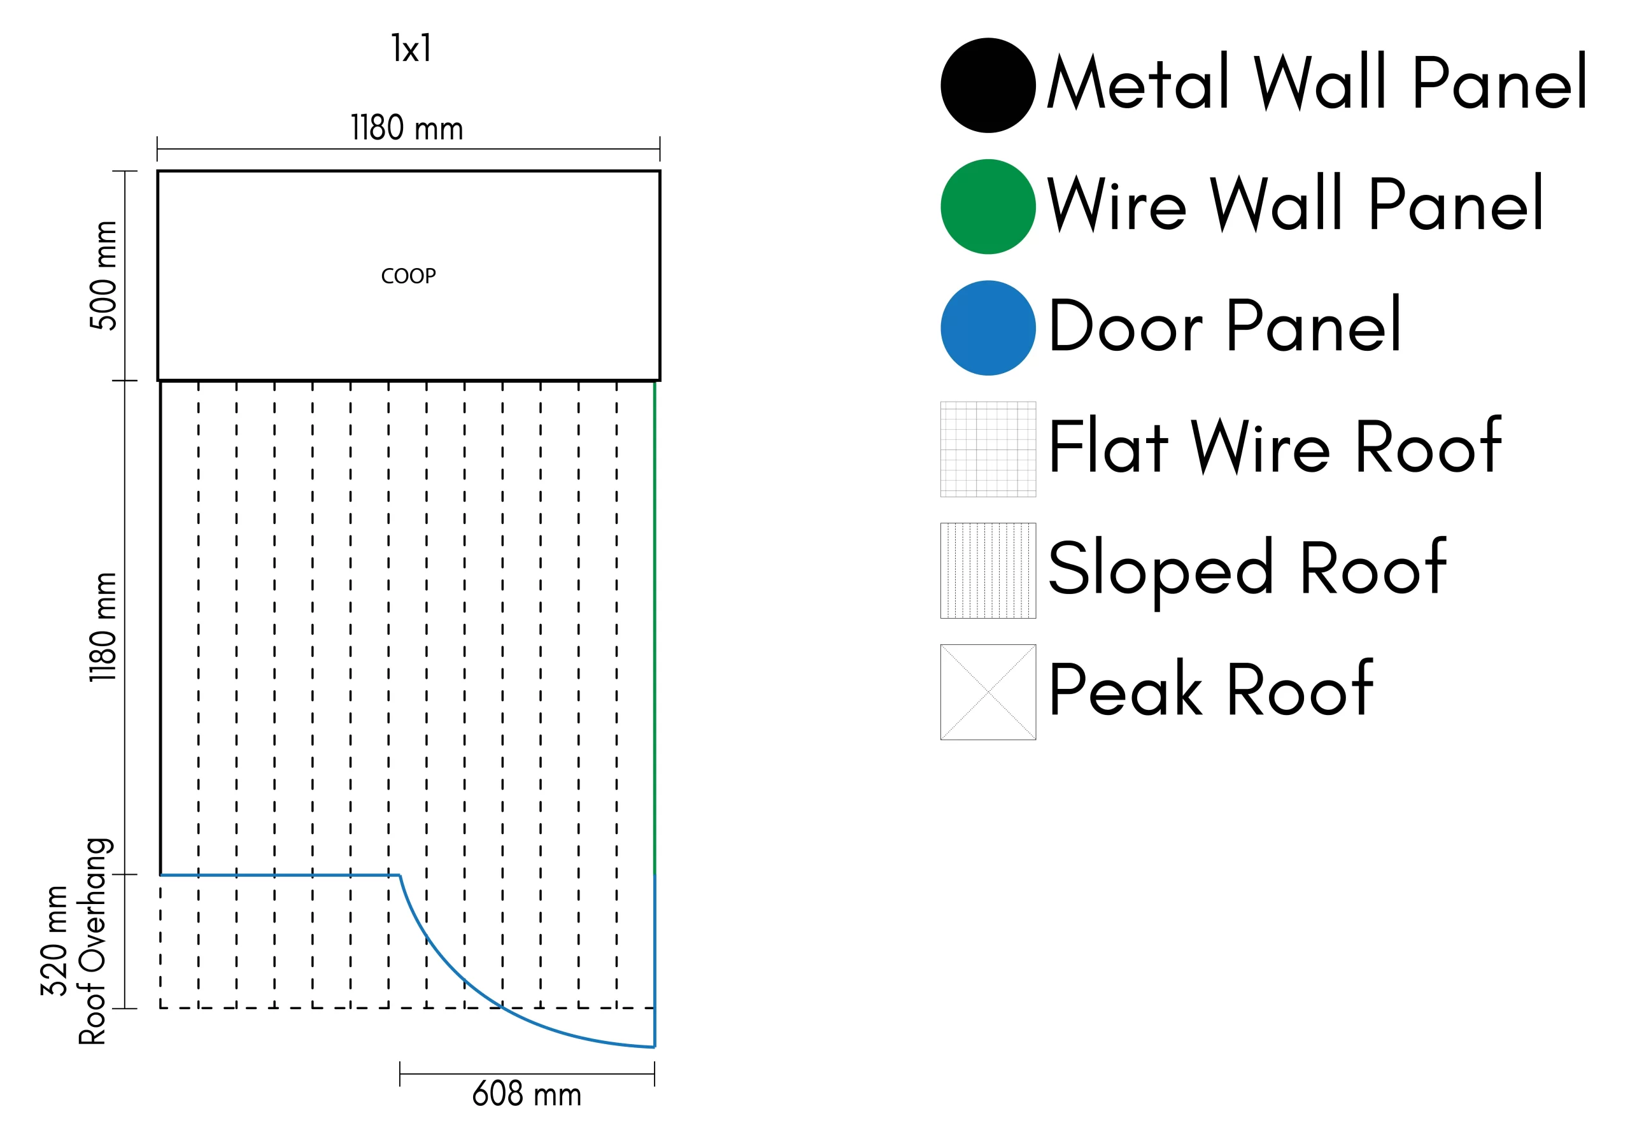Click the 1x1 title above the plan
(x=411, y=49)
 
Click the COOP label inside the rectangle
(x=408, y=276)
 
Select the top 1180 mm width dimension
(x=407, y=129)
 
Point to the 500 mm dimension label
(x=104, y=276)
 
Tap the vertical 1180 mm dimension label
(x=104, y=627)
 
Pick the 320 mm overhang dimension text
(x=55, y=941)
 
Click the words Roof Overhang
(x=93, y=941)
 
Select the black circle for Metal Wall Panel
(x=988, y=85)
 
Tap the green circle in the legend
(x=988, y=207)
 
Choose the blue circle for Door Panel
(x=988, y=328)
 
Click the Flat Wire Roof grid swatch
(x=988, y=449)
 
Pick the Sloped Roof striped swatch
(x=988, y=571)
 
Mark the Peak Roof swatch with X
(x=988, y=692)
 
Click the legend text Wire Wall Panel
(x=1295, y=204)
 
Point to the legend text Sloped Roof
(x=1247, y=569)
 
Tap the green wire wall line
(x=655, y=625)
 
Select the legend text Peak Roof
(x=1210, y=690)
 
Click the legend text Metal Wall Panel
(x=1317, y=83)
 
